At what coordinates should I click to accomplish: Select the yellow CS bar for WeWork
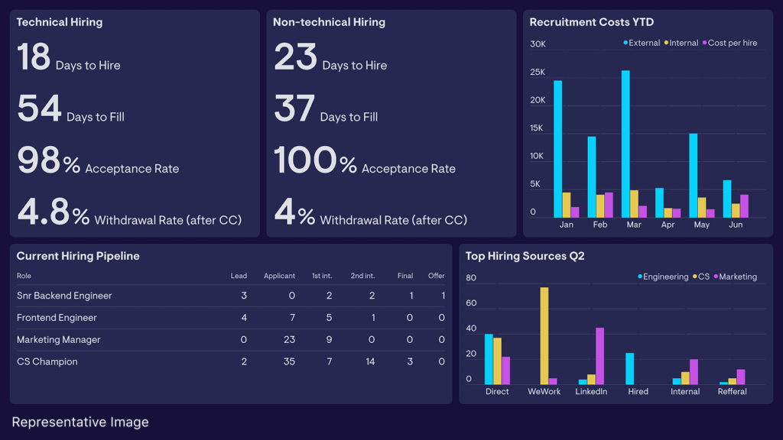click(x=544, y=336)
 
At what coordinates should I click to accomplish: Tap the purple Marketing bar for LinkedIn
click(x=599, y=356)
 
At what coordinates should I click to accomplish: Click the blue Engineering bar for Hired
click(x=629, y=368)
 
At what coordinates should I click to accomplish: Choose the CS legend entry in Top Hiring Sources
click(x=701, y=277)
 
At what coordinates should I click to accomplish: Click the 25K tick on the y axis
click(x=538, y=73)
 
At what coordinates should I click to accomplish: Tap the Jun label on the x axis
click(x=736, y=225)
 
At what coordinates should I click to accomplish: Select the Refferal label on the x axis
click(x=731, y=392)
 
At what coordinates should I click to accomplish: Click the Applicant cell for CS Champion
click(x=289, y=362)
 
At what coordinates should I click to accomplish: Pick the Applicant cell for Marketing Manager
click(x=289, y=340)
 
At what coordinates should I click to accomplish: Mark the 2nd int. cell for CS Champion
click(x=370, y=362)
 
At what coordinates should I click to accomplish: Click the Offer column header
click(x=436, y=276)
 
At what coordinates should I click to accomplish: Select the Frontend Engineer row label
click(x=57, y=318)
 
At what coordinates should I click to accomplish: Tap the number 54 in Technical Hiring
click(x=39, y=108)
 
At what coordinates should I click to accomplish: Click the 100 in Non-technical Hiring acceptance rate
click(x=305, y=160)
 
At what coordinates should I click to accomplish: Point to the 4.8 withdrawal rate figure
click(x=44, y=212)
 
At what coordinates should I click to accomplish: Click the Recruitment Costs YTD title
click(x=591, y=22)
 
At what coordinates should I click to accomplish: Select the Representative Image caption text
click(x=80, y=422)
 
